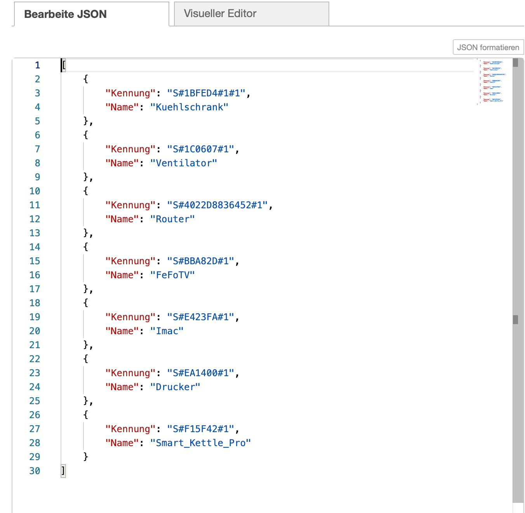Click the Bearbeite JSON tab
pos(65,14)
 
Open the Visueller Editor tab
pos(220,14)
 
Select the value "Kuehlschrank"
pos(189,107)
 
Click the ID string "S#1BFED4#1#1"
pos(206,93)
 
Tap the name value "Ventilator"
pos(183,163)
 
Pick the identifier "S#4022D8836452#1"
pos(217,205)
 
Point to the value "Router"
pos(172,219)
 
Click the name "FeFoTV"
pos(172,275)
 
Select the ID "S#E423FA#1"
pos(201,317)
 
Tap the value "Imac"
pos(167,331)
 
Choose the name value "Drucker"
pos(175,387)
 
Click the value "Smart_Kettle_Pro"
pos(200,443)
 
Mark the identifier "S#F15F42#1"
pos(201,429)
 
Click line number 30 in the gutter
pos(35,471)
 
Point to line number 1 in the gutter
pos(37,65)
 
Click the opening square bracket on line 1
pos(64,65)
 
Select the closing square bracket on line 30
pos(63,471)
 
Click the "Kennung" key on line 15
pos(128,261)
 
